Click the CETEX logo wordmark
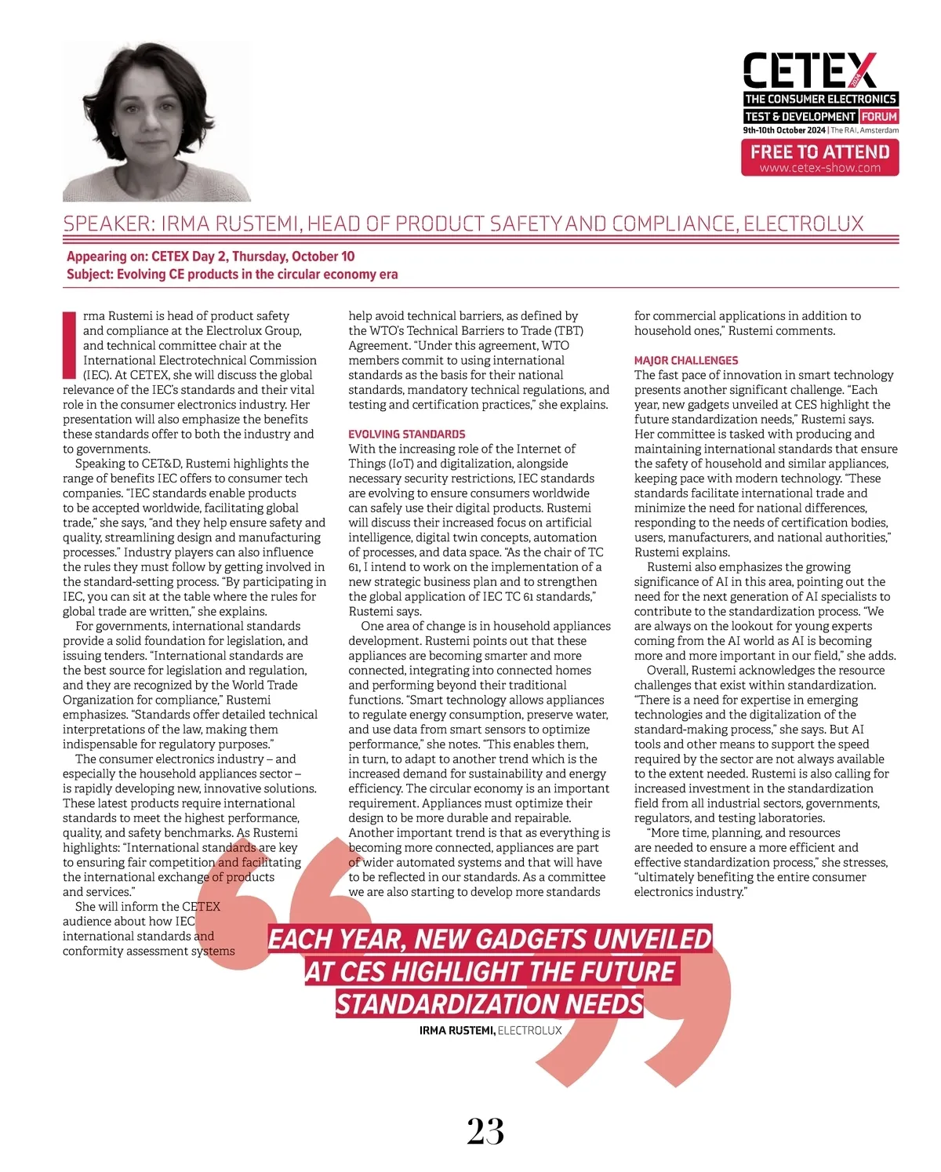pos(809,71)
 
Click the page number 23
pos(485,1131)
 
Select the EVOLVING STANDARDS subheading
pos(407,434)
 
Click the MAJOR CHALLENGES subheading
pos(686,360)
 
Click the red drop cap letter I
pos(69,345)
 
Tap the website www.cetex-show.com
pos(819,168)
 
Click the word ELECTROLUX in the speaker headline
pos(803,224)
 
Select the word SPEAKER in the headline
pos(106,224)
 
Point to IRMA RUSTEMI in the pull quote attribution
pos(456,1030)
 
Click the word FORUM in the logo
pos(879,116)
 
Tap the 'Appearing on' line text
pos(210,257)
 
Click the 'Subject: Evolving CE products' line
pos(232,275)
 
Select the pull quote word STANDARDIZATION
pos(447,1004)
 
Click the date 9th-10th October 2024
pos(784,130)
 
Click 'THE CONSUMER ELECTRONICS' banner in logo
pos(819,99)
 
